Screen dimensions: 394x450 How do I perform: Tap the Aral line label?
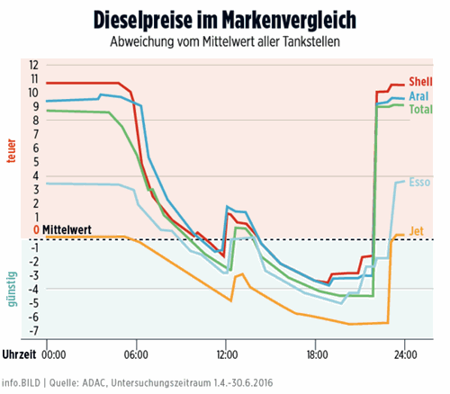tap(418, 95)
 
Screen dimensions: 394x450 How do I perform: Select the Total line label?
tap(420, 109)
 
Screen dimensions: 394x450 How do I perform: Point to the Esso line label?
tap(419, 182)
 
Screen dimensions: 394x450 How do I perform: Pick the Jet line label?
tap(416, 230)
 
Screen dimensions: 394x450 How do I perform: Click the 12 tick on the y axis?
tap(34, 65)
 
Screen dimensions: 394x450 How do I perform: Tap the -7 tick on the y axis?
tap(34, 330)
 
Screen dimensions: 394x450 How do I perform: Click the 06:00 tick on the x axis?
tap(136, 353)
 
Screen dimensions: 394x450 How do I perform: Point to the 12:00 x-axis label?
tap(226, 353)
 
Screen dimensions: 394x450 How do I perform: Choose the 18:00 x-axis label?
tap(316, 353)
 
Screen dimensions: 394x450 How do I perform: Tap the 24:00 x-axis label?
tap(406, 353)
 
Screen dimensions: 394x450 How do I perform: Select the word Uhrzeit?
tap(19, 353)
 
